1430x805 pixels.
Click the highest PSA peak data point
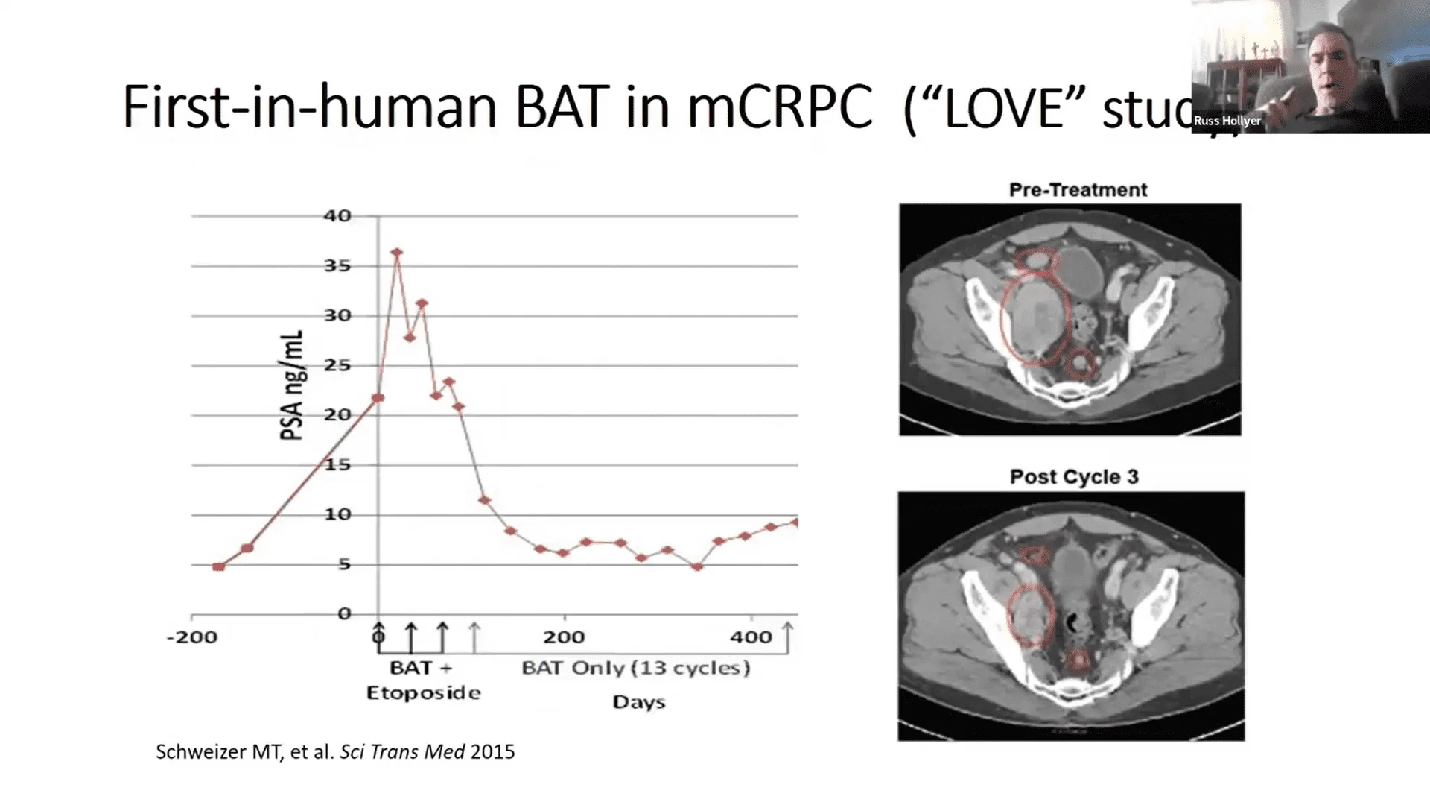tap(397, 253)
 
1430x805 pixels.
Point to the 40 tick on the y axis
tap(337, 216)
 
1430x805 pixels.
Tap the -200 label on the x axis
tap(192, 637)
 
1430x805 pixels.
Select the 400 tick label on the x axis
tap(751, 637)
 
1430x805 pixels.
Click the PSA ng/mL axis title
tap(292, 385)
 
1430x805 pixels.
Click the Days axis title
tap(638, 702)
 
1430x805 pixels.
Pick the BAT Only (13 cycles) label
tap(635, 668)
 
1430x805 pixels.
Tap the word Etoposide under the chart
tap(423, 693)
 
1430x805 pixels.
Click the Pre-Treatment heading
tap(1078, 190)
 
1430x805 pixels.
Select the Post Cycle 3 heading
tap(1074, 477)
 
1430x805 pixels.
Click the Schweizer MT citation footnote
tap(335, 751)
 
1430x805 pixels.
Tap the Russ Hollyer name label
tap(1227, 121)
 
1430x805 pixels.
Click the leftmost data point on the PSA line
tap(218, 567)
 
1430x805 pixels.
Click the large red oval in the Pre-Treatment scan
tap(1035, 318)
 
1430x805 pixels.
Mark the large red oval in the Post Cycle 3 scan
tap(1031, 615)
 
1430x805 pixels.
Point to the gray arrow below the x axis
tap(474, 637)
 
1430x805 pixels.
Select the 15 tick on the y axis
tap(337, 465)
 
